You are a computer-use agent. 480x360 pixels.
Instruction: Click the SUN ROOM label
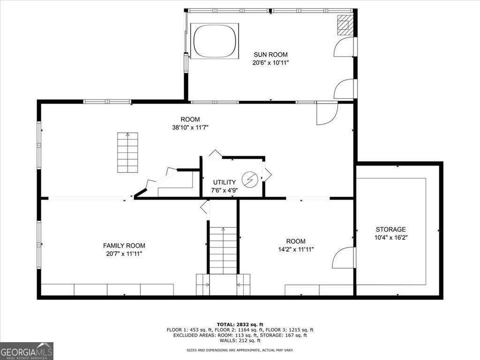[x=270, y=54]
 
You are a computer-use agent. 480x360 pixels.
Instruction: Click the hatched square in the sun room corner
[x=345, y=24]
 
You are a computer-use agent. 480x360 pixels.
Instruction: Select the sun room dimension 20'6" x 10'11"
[x=270, y=62]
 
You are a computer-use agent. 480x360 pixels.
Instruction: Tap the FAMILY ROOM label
[x=124, y=245]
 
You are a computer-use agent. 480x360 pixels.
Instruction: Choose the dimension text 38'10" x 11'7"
[x=190, y=127]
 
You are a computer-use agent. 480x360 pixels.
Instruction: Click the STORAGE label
[x=390, y=229]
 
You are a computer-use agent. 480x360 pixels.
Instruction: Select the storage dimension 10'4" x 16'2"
[x=390, y=237]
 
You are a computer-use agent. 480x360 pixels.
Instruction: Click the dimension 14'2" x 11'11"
[x=296, y=249]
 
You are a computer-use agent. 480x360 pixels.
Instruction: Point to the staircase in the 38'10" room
[x=127, y=152]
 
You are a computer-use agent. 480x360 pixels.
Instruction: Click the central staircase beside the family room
[x=223, y=250]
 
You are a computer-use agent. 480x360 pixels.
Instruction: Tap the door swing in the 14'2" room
[x=344, y=258]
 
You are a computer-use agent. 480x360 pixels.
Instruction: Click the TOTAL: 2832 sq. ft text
[x=240, y=324]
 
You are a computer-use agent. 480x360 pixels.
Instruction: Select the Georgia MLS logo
[x=27, y=351]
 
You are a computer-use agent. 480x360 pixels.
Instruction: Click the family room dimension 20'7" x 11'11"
[x=124, y=254]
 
